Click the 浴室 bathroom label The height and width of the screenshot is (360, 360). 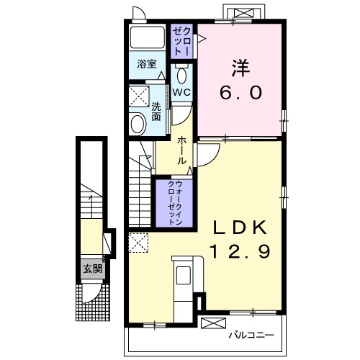click(x=147, y=64)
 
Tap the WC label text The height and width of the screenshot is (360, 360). click(x=181, y=92)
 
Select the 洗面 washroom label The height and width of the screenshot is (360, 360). click(x=156, y=112)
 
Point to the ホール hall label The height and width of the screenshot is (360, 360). click(x=182, y=150)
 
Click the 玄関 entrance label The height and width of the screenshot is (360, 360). click(x=93, y=269)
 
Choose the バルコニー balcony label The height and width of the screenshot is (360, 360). click(x=251, y=335)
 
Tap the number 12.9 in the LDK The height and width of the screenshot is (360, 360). click(x=240, y=251)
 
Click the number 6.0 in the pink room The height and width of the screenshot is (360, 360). click(x=240, y=93)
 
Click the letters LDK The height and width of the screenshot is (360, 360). click(x=240, y=228)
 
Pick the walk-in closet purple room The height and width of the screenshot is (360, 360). click(x=174, y=203)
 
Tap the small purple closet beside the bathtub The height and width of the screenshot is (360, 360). click(x=181, y=41)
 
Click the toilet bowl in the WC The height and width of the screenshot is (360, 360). click(x=181, y=74)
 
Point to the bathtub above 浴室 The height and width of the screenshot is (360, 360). click(x=147, y=37)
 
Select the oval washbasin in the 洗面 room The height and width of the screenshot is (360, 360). click(x=138, y=125)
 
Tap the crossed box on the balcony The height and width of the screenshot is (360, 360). click(x=213, y=323)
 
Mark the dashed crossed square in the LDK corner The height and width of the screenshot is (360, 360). click(x=138, y=243)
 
